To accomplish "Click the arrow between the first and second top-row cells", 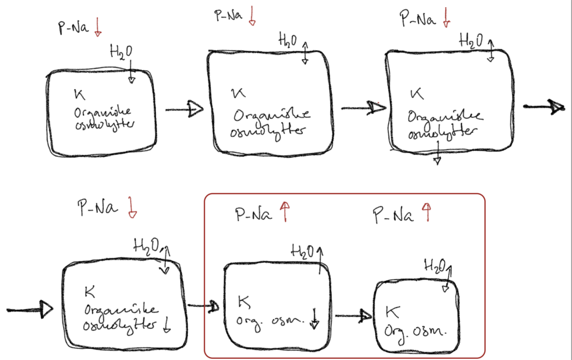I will click(184, 109).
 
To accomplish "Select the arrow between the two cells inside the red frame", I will click(354, 316).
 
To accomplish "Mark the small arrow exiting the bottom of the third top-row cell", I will click(437, 152).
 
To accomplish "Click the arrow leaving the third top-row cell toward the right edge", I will click(542, 107).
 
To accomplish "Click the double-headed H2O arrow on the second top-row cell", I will click(305, 52).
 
